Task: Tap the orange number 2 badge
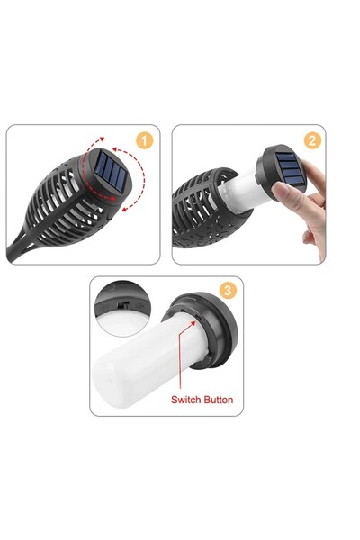tap(311, 140)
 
